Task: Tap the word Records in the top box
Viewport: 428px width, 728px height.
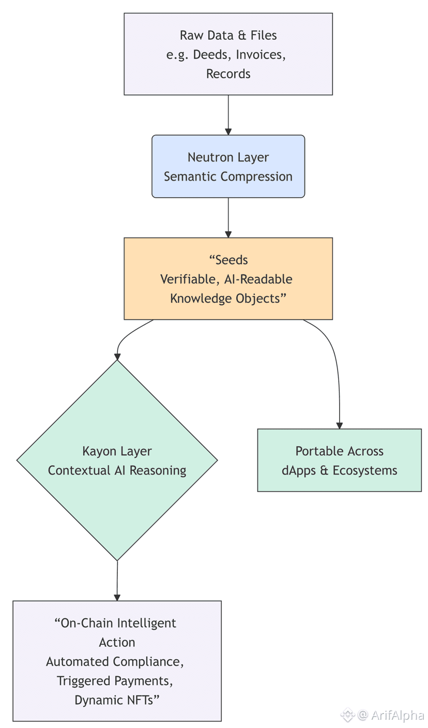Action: tap(228, 74)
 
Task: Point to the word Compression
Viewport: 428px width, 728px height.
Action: tap(256, 176)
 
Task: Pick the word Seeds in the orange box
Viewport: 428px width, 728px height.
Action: tap(231, 260)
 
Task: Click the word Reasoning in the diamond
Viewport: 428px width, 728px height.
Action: tap(158, 471)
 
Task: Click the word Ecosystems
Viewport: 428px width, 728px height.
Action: tap(364, 471)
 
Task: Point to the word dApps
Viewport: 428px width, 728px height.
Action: tap(299, 471)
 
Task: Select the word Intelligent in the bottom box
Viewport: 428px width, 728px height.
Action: tap(146, 623)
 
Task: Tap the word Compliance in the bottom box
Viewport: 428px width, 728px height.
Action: tap(148, 662)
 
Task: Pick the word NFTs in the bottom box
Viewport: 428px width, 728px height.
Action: tap(140, 700)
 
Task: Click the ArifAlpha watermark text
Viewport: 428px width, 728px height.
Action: tap(398, 716)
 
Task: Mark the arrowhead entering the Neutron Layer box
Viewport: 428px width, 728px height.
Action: tap(228, 131)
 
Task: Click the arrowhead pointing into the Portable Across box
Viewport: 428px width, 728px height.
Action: tap(339, 425)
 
